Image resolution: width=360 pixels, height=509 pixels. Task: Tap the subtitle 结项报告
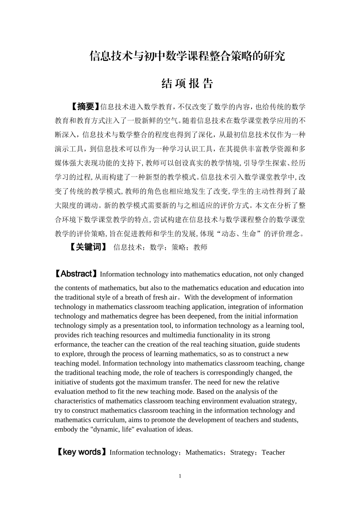[x=187, y=83]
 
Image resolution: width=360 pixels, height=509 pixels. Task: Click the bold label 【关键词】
[x=88, y=247]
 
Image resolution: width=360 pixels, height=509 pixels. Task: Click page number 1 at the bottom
[x=180, y=476]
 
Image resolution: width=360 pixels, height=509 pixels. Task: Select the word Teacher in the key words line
[x=273, y=452]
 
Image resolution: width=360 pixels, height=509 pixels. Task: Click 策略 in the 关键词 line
[x=178, y=247]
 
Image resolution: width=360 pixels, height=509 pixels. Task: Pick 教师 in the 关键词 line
[x=200, y=247]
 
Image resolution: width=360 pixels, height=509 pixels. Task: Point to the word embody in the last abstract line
[x=66, y=429]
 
